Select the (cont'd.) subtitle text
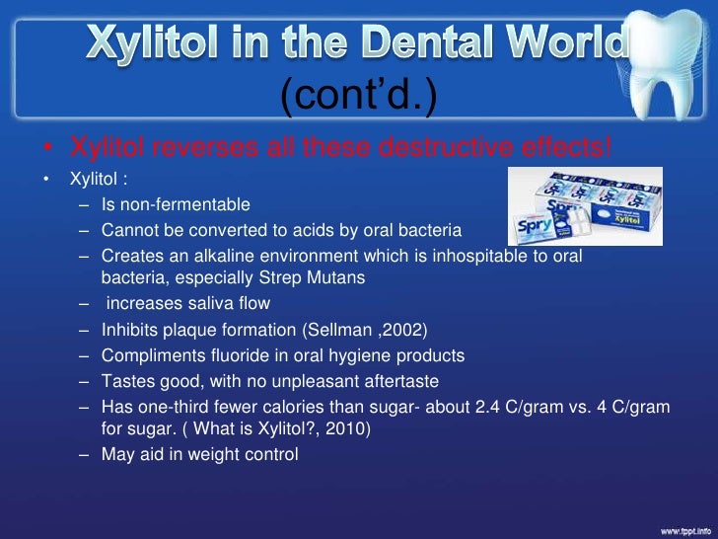pyautogui.click(x=358, y=96)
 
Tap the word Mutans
pyautogui.click(x=334, y=277)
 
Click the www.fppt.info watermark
pyautogui.click(x=681, y=528)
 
